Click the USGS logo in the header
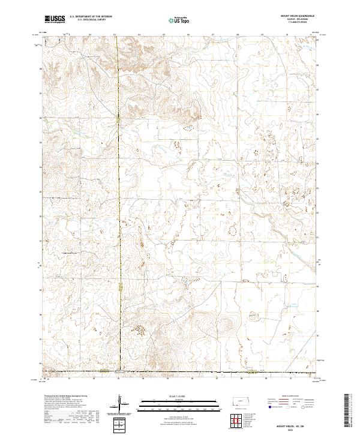[x=55, y=20]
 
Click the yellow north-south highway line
[x=119, y=180]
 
